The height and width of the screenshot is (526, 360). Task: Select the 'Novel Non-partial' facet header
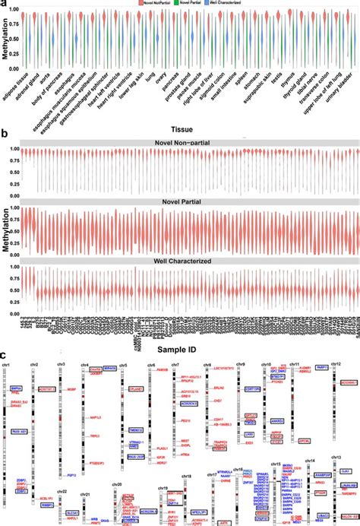tap(180, 143)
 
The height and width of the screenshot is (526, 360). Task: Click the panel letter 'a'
tap(5, 5)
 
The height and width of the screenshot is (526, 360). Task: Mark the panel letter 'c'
tap(5, 355)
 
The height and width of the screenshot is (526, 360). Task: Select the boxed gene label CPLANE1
tap(137, 388)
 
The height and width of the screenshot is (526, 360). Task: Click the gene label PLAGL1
tap(162, 448)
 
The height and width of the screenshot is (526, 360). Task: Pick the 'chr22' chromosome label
tap(62, 491)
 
